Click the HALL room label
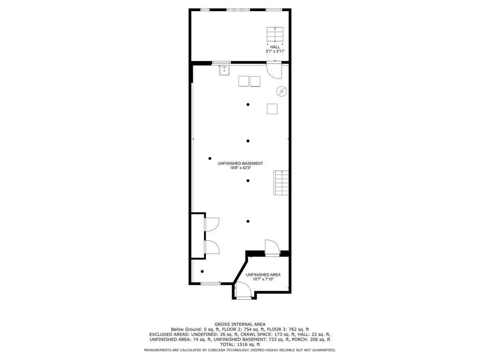[x=275, y=47]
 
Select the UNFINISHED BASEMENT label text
[x=240, y=163]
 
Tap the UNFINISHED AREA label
[x=263, y=275]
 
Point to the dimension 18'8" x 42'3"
[x=240, y=168]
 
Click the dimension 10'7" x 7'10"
[x=263, y=279]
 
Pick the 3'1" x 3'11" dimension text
[x=275, y=52]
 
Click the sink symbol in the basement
[x=224, y=71]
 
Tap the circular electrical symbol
[x=282, y=92]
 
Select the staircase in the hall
[x=275, y=34]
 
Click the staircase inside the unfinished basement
[x=281, y=183]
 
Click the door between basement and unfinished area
[x=272, y=248]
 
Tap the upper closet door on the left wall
[x=212, y=224]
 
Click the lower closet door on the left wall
[x=212, y=247]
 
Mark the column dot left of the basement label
[x=210, y=158]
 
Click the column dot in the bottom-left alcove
[x=202, y=272]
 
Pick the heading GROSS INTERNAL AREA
[x=240, y=324]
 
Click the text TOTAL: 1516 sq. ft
[x=240, y=344]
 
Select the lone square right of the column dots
[x=272, y=109]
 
